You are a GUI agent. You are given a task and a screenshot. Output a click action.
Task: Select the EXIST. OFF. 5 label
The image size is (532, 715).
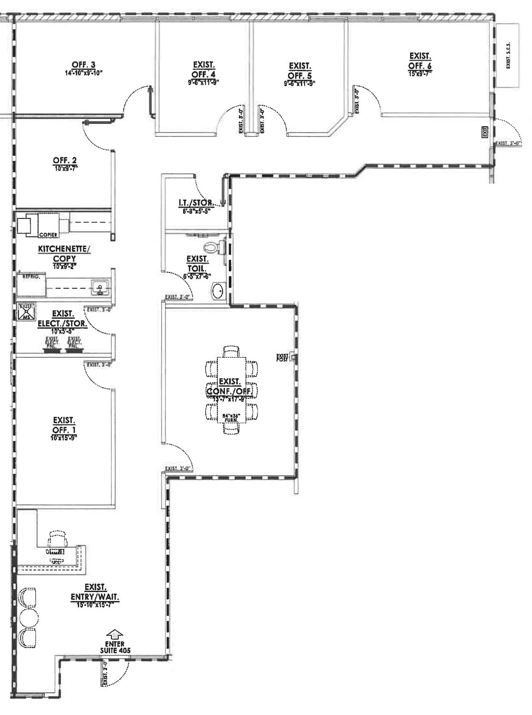pyautogui.click(x=300, y=71)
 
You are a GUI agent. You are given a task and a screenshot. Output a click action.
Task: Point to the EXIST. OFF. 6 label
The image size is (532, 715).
pyautogui.click(x=420, y=61)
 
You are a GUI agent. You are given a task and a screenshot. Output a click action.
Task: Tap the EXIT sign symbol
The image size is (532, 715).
pyautogui.click(x=485, y=132)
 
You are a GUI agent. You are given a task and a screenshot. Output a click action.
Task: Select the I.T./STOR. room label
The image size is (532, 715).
pyautogui.click(x=196, y=203)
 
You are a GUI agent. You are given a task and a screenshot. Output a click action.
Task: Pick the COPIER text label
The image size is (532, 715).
pyautogui.click(x=48, y=235)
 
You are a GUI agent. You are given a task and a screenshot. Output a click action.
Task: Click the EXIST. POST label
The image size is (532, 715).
pyautogui.click(x=283, y=357)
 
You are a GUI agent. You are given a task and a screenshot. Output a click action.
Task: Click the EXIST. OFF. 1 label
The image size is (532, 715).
pyautogui.click(x=64, y=425)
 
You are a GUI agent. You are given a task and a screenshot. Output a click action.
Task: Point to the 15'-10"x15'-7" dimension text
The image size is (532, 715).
pyautogui.click(x=95, y=604)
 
